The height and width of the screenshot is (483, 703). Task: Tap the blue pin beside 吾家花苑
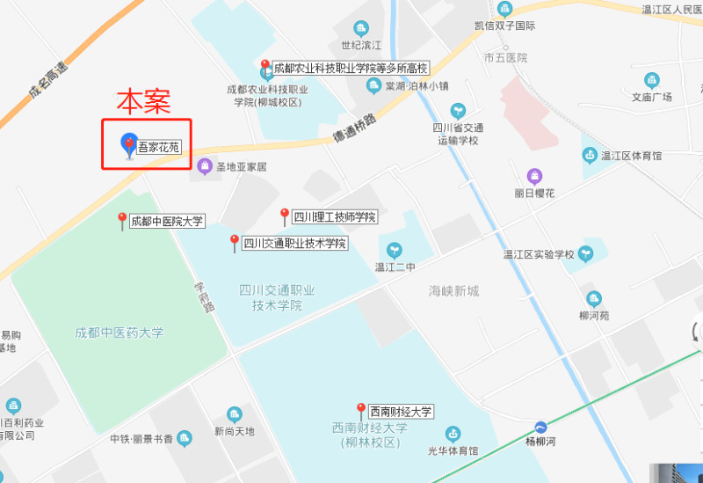(x=129, y=145)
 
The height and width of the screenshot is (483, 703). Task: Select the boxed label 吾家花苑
(x=159, y=147)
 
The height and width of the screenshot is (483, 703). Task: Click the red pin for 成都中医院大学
(x=122, y=221)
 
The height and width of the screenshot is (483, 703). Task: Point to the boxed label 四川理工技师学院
(x=334, y=216)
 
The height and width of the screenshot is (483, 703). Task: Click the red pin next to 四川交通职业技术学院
(x=235, y=243)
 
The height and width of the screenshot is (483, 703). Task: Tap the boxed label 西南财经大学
(x=401, y=411)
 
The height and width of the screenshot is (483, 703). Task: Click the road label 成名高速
(x=47, y=79)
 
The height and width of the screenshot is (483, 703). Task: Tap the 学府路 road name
(x=204, y=296)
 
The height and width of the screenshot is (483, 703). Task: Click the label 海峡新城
(x=453, y=290)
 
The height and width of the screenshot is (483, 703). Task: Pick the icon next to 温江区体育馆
(x=589, y=156)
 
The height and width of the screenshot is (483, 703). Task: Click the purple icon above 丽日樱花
(x=534, y=176)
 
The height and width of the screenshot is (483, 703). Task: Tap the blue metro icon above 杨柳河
(x=541, y=425)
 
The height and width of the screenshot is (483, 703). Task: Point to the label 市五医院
(x=505, y=57)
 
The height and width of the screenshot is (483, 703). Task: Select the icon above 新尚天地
(x=234, y=413)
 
